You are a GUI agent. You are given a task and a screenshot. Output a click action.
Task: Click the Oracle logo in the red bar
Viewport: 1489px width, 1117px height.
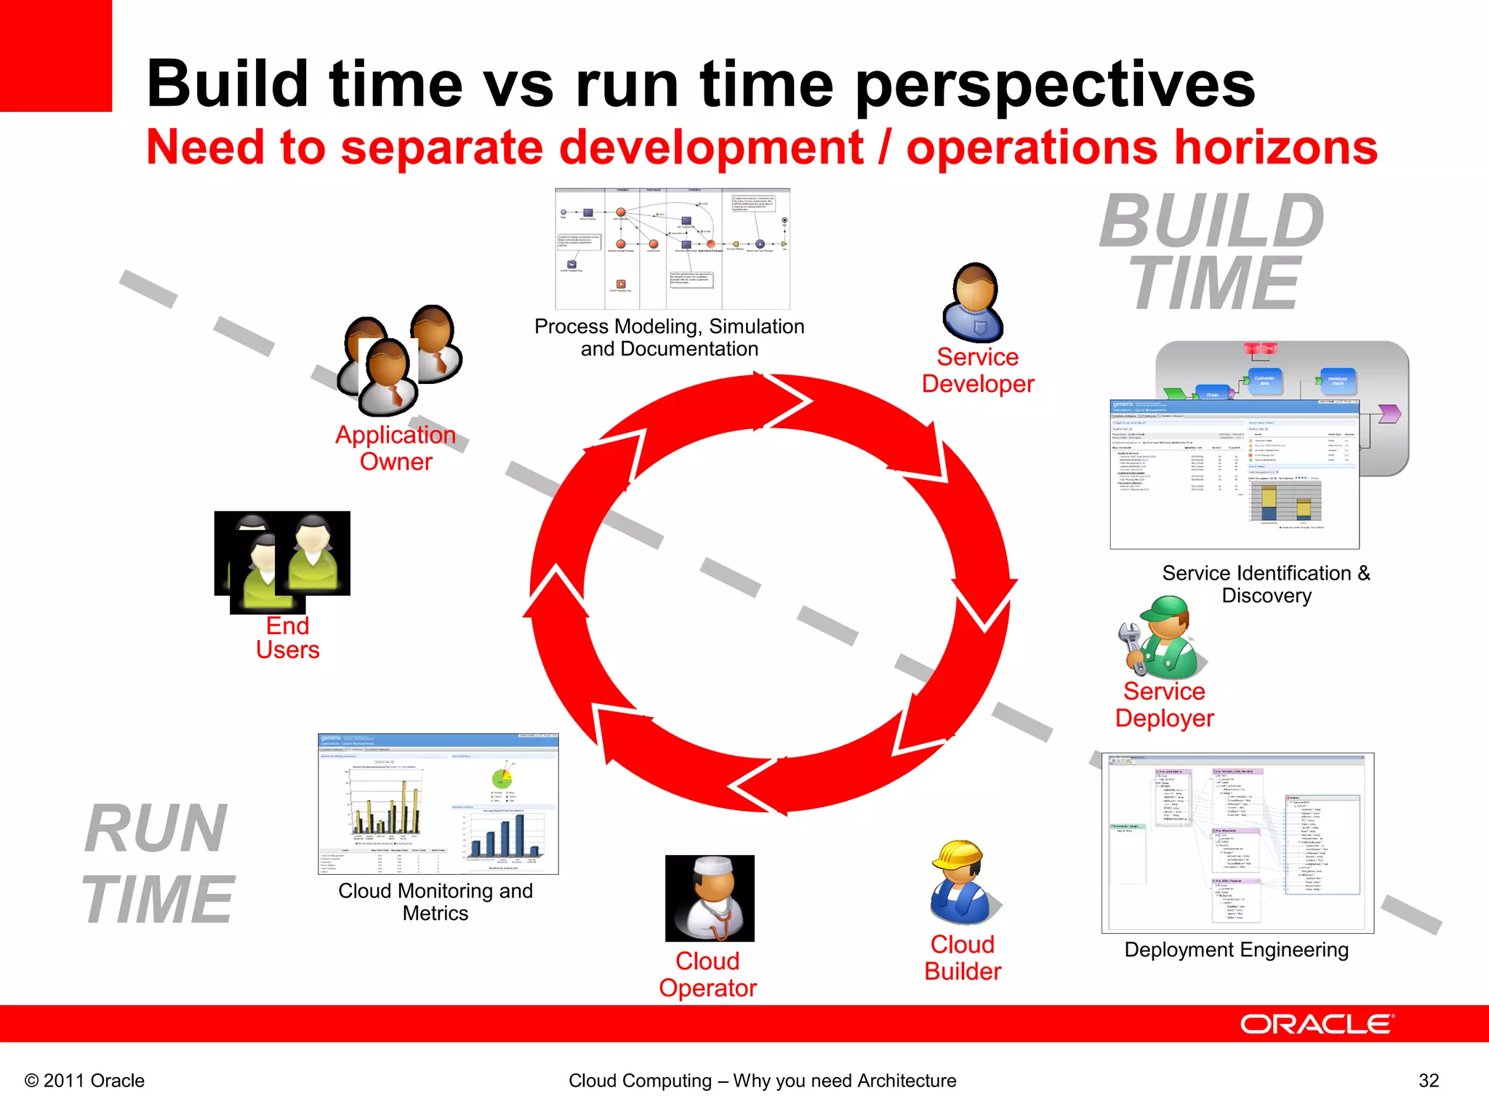pyautogui.click(x=1316, y=1024)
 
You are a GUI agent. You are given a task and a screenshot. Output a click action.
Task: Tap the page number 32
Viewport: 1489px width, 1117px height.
pyautogui.click(x=1428, y=1081)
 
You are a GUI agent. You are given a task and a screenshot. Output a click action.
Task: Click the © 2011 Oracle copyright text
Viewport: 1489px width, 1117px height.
pyautogui.click(x=84, y=1081)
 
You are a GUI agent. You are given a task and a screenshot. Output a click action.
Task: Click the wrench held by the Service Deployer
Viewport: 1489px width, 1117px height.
pyautogui.click(x=1131, y=644)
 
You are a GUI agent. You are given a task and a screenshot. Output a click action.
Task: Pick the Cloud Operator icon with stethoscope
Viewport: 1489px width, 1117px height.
pyautogui.click(x=710, y=898)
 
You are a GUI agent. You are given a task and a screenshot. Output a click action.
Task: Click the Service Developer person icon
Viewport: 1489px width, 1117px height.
pyautogui.click(x=974, y=302)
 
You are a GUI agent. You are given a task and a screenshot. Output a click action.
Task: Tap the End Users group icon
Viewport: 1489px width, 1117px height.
pyautogui.click(x=282, y=560)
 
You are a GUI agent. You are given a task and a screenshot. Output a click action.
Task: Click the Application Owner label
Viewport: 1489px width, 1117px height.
pyautogui.click(x=396, y=448)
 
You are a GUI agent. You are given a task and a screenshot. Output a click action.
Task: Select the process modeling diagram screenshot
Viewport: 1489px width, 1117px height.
pyautogui.click(x=672, y=249)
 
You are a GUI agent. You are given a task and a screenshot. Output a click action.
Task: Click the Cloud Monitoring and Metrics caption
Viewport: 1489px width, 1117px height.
pyautogui.click(x=436, y=902)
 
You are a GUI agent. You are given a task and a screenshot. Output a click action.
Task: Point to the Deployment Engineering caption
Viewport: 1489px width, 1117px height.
pyautogui.click(x=1236, y=950)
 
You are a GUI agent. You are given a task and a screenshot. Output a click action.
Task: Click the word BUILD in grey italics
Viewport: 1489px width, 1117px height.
pyautogui.click(x=1211, y=221)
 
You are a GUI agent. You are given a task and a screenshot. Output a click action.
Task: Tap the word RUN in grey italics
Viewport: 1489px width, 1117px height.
pyautogui.click(x=156, y=828)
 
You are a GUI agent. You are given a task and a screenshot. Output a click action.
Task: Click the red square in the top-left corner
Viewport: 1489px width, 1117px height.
pyautogui.click(x=55, y=55)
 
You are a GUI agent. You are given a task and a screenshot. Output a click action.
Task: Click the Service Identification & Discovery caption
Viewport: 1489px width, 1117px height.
pyautogui.click(x=1266, y=584)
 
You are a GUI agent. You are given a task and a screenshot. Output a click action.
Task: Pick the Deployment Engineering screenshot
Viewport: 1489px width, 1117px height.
pyautogui.click(x=1237, y=843)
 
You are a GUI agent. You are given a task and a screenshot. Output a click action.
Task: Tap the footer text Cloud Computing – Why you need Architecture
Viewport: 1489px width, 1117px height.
pyautogui.click(x=762, y=1081)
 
